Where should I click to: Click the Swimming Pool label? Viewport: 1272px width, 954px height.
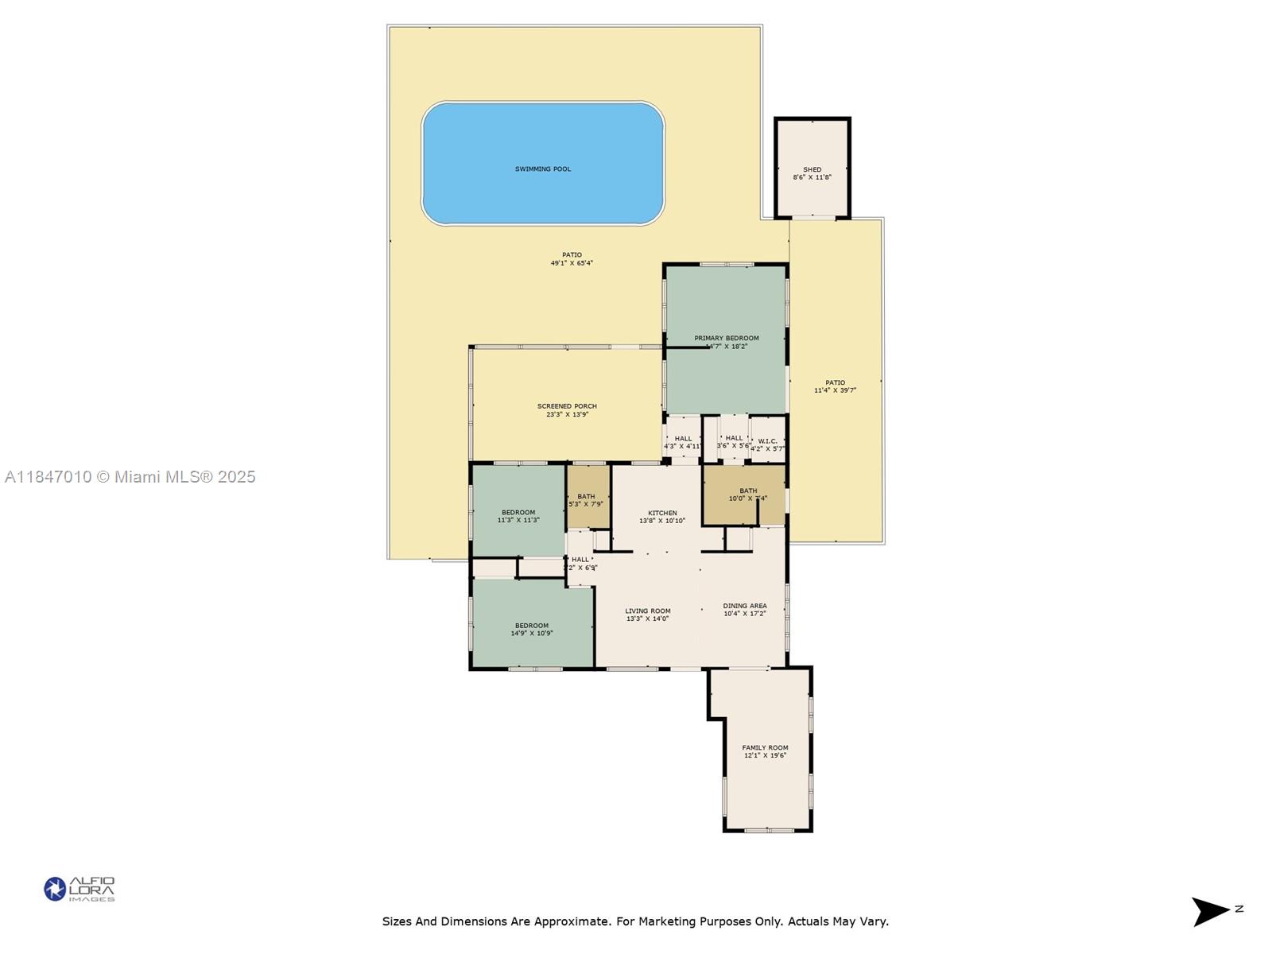click(543, 169)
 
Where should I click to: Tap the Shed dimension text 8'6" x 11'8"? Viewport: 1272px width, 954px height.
click(812, 177)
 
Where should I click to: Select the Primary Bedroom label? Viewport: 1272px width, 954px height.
click(726, 338)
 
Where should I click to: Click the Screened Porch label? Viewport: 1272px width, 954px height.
click(567, 406)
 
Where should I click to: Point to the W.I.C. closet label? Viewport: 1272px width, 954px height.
click(767, 441)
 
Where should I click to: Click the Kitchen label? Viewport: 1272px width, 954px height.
click(662, 513)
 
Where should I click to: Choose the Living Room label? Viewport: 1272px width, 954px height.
click(647, 611)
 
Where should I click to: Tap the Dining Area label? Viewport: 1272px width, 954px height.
click(745, 606)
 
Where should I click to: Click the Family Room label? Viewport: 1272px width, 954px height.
click(765, 747)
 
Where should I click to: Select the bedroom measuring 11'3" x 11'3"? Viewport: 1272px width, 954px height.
click(518, 516)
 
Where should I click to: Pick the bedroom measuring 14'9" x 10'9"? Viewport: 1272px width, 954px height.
click(531, 629)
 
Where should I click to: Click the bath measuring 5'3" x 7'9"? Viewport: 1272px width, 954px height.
click(586, 500)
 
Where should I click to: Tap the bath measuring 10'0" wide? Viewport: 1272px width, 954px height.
click(747, 494)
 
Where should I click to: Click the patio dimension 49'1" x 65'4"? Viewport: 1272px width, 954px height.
click(572, 263)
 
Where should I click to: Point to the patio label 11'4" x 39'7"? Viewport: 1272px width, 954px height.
click(835, 386)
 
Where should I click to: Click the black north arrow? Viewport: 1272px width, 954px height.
click(1210, 911)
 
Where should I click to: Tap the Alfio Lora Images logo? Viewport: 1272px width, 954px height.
click(79, 889)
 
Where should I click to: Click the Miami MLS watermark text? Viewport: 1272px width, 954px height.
click(130, 477)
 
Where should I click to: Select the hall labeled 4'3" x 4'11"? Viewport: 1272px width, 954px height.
click(683, 442)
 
